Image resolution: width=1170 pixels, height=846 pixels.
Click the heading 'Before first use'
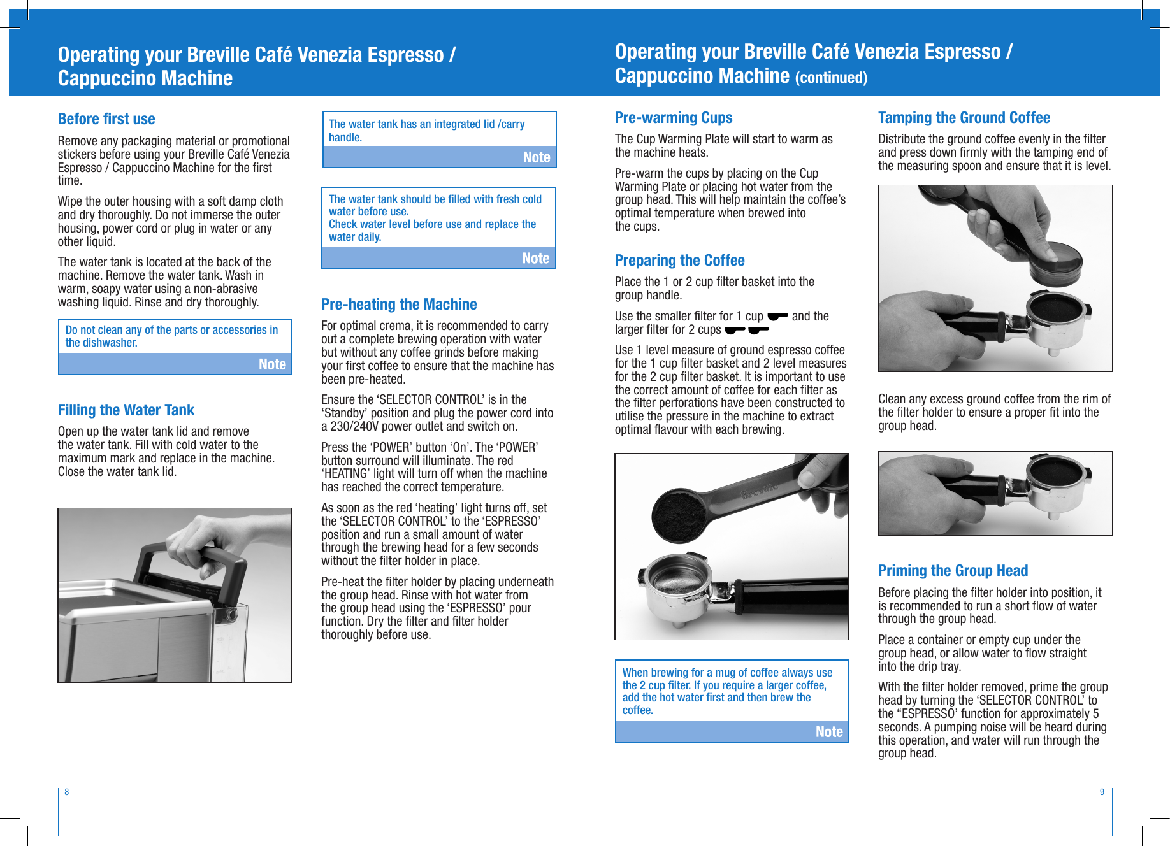pos(106,119)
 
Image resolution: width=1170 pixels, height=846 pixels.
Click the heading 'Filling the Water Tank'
pos(126,410)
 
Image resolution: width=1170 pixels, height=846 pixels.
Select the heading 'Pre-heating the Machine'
pos(399,305)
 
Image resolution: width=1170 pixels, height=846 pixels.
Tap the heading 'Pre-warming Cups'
pos(673,118)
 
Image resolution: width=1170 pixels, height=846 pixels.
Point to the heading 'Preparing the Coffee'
pos(679,261)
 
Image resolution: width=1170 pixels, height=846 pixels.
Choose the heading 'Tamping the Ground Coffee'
pos(964,118)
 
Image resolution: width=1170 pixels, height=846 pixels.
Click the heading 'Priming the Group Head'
pos(953,571)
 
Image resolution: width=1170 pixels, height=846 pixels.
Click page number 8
pos(67,792)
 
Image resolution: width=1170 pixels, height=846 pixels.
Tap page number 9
pos(1102,792)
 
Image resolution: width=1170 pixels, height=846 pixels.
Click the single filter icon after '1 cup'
pos(777,316)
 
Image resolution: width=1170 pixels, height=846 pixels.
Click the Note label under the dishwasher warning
pos(272,364)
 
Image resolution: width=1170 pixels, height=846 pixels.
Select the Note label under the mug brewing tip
pos(829,732)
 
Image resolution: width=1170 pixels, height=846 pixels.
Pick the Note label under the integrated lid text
pos(537,157)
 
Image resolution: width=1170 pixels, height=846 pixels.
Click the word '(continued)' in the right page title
pos(831,78)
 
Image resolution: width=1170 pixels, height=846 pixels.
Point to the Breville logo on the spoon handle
pos(758,491)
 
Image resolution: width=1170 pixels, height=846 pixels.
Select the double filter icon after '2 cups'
pos(747,329)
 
